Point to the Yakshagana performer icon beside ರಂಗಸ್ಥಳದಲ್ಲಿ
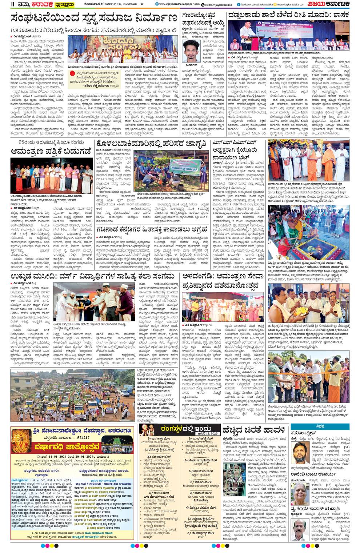click(x=147, y=429)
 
